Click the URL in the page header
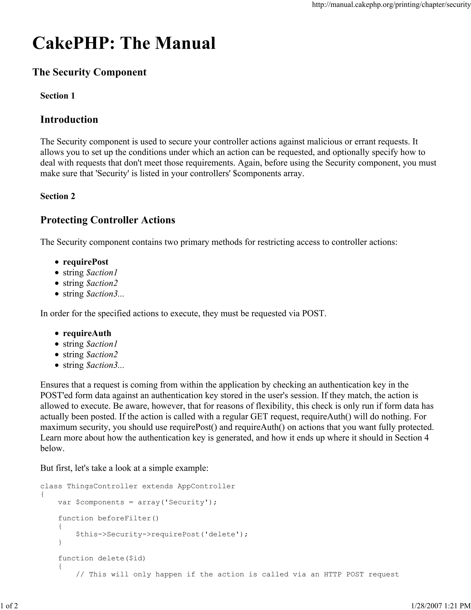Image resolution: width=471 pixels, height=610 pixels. coord(391,5)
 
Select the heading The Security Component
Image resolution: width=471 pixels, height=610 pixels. coord(89,72)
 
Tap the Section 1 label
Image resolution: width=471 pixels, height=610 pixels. coord(57,96)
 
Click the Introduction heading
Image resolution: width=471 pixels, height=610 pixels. coord(69,119)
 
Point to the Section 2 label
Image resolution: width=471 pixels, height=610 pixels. coord(57,196)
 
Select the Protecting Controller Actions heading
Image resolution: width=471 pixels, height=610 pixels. coord(108,220)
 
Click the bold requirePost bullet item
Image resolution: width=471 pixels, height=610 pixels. coord(85,262)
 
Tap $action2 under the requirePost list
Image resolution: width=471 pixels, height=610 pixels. coord(102,283)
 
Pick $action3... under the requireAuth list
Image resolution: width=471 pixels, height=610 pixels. coord(105,365)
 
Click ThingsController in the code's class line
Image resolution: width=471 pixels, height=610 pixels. coord(102,486)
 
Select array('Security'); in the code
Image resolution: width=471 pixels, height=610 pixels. coord(177,502)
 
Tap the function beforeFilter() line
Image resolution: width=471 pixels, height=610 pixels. coord(109,518)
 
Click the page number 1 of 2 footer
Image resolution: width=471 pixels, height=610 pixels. coord(9,606)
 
